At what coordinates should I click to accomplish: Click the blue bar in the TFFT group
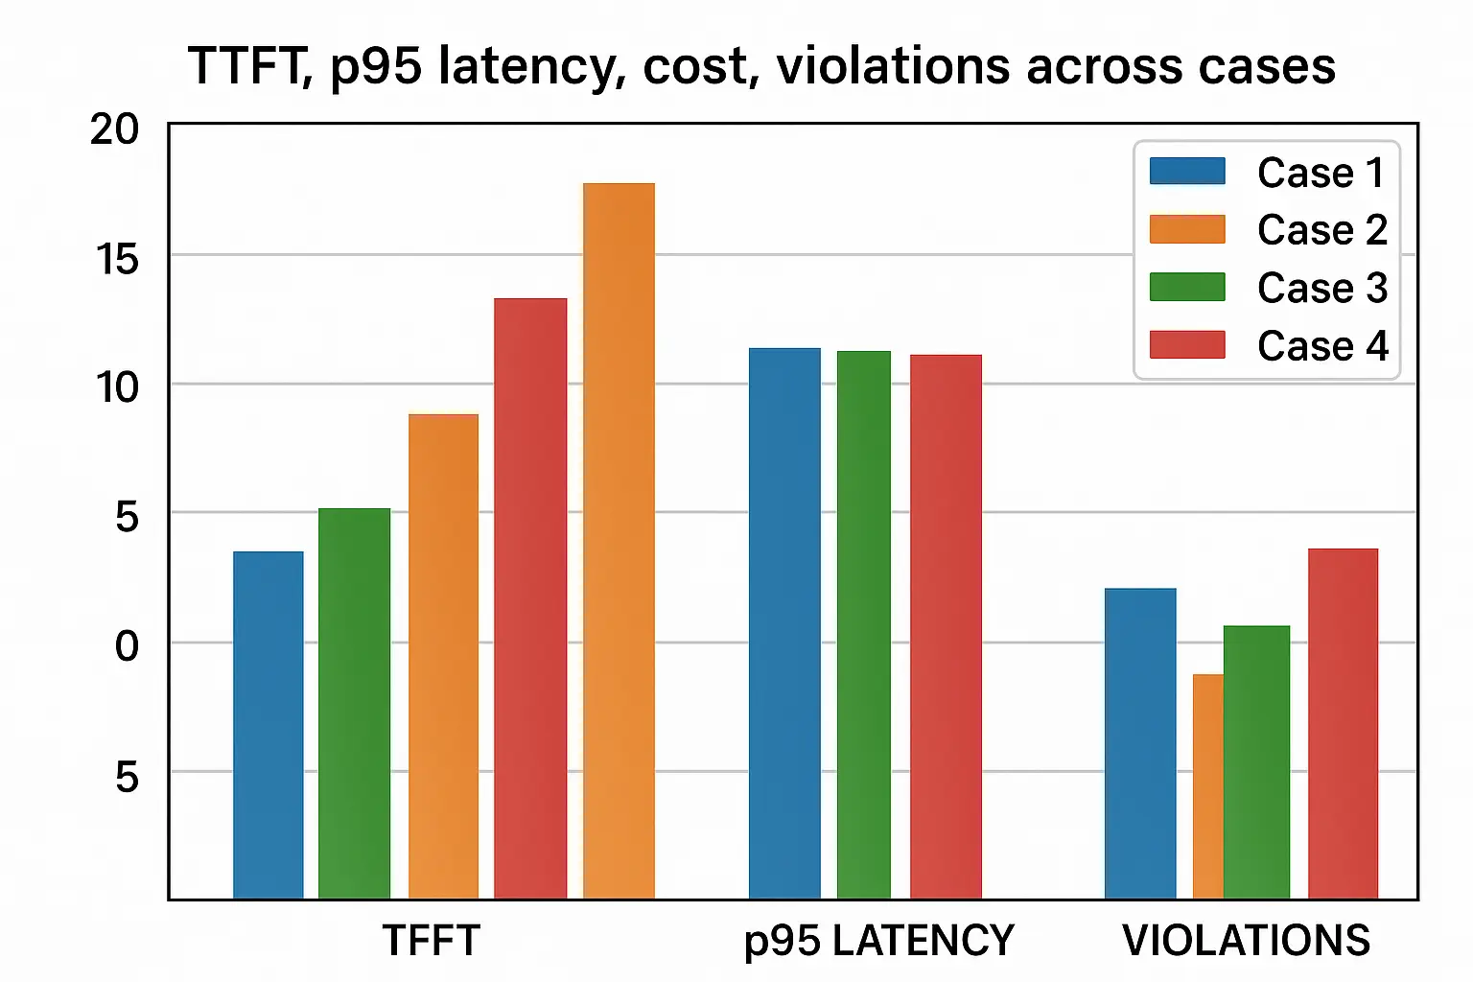269,725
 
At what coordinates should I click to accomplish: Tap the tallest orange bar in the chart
619,541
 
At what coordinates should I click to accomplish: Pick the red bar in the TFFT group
530,598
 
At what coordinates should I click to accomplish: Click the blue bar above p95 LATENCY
784,623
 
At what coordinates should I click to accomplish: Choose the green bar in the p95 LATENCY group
863,624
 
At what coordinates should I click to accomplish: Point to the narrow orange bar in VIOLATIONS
1207,786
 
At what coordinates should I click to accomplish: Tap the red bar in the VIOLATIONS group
1343,723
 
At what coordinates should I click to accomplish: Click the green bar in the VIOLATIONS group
1257,762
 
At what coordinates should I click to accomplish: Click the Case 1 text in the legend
1321,173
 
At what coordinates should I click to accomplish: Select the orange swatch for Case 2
1187,229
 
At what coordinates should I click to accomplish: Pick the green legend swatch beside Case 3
1187,287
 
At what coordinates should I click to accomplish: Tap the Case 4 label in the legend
1321,345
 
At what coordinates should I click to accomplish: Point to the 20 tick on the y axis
115,129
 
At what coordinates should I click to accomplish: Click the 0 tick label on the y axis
127,646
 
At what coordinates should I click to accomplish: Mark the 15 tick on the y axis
117,259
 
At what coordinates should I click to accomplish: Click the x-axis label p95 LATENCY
878,941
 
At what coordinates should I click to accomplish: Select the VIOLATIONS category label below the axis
1246,941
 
